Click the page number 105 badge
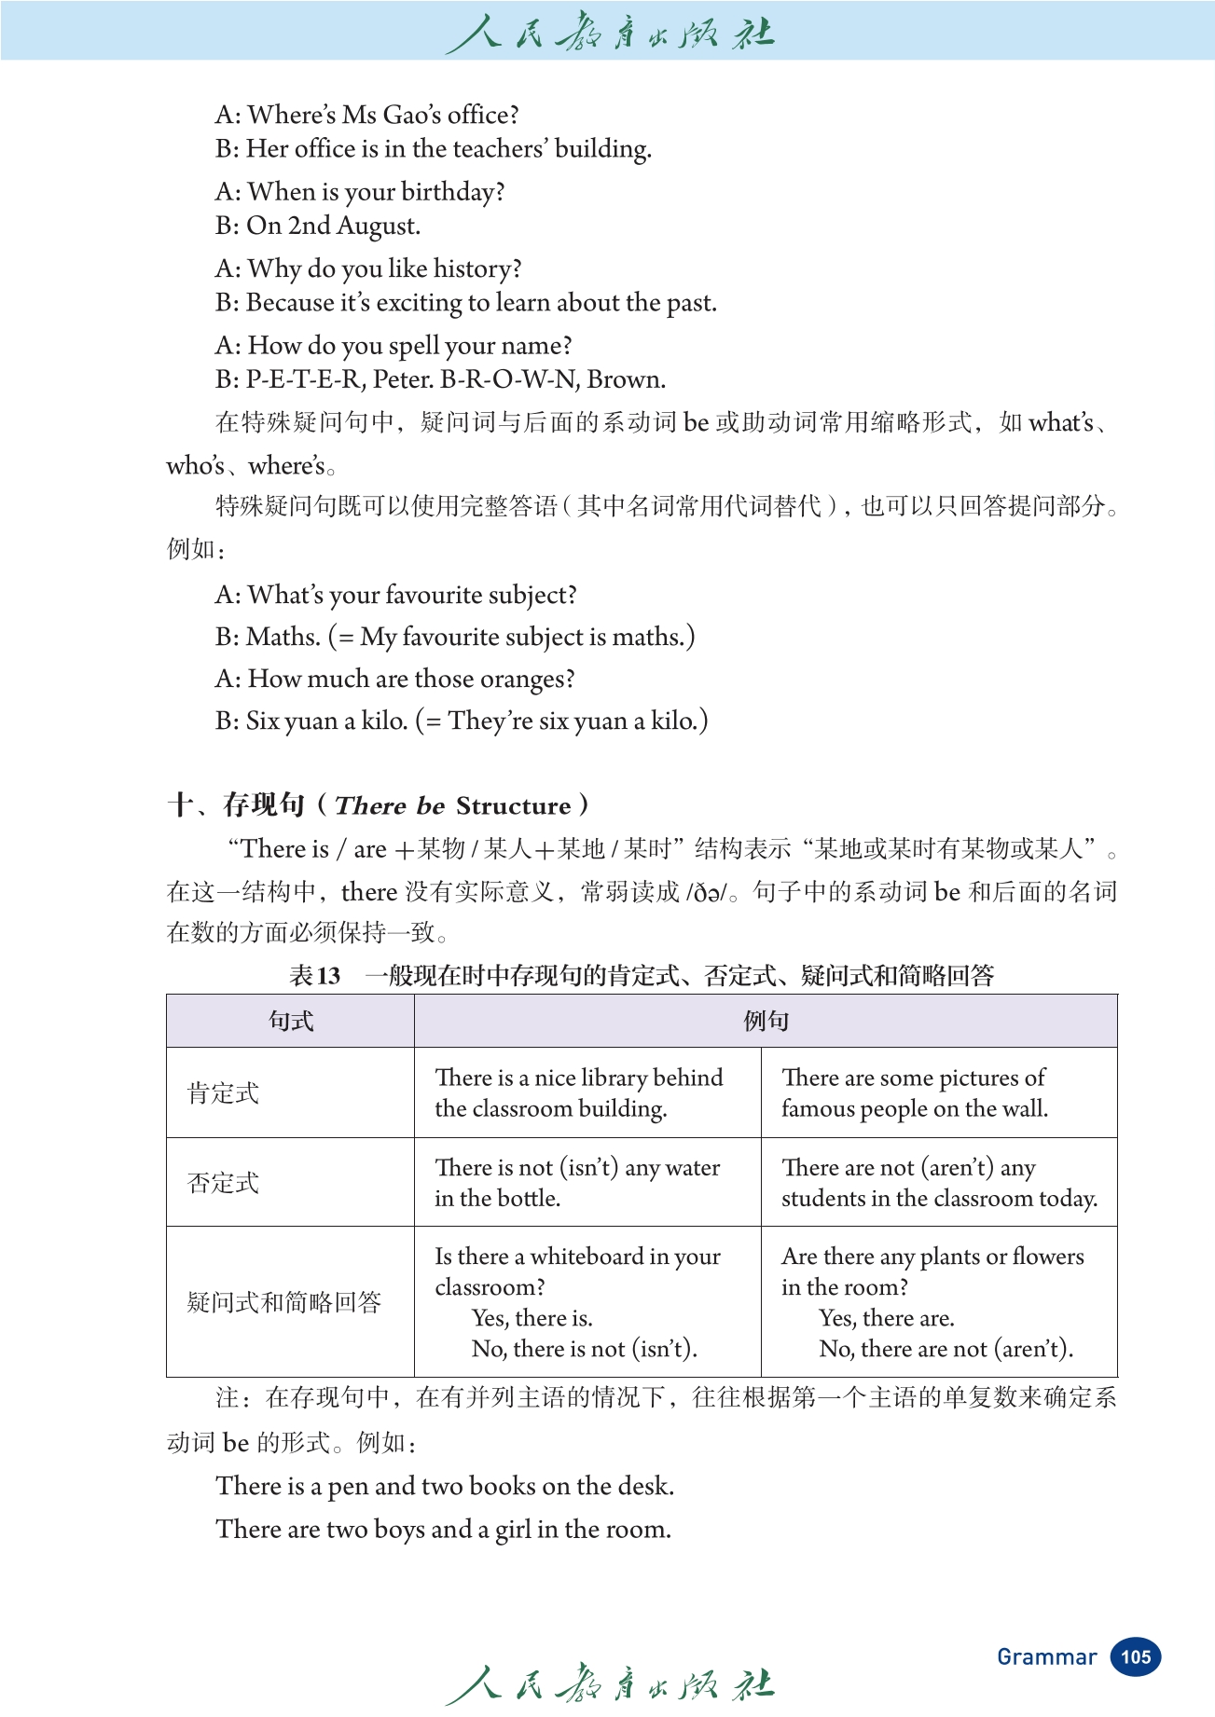coord(1135,1656)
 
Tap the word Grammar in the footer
coord(1046,1656)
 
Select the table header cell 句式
coord(290,1021)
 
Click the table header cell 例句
coord(766,1021)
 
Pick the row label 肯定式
coord(223,1092)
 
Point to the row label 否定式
coord(223,1182)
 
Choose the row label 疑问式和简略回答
coord(284,1301)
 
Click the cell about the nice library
coord(578,1092)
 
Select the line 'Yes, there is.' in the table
coord(532,1317)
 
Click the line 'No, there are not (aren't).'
coord(946,1348)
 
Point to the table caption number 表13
coord(314,975)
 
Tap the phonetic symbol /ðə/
coord(707,892)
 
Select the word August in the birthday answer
coord(378,226)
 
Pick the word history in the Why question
coord(477,268)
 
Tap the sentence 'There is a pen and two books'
coord(444,1485)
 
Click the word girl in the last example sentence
coord(513,1529)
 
